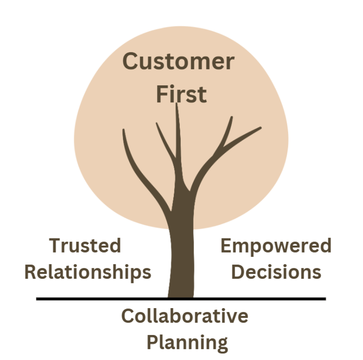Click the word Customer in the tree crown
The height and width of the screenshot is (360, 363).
178,62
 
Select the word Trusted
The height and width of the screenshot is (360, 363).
85,246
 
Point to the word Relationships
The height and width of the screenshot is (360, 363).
88,272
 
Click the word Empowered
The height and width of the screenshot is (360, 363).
276,246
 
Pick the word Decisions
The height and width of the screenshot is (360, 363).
276,272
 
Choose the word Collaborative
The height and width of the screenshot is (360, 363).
185,316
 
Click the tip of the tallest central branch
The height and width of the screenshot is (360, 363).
176,104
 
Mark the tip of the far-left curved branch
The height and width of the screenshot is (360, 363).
124,130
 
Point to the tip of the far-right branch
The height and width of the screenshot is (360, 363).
260,127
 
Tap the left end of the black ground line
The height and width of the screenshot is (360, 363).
37,299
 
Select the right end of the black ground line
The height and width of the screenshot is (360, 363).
325,299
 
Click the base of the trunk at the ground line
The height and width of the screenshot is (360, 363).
181,296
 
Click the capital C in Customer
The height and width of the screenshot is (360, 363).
130,62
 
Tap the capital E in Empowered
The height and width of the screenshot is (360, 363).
226,246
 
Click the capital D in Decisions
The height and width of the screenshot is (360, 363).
238,272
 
